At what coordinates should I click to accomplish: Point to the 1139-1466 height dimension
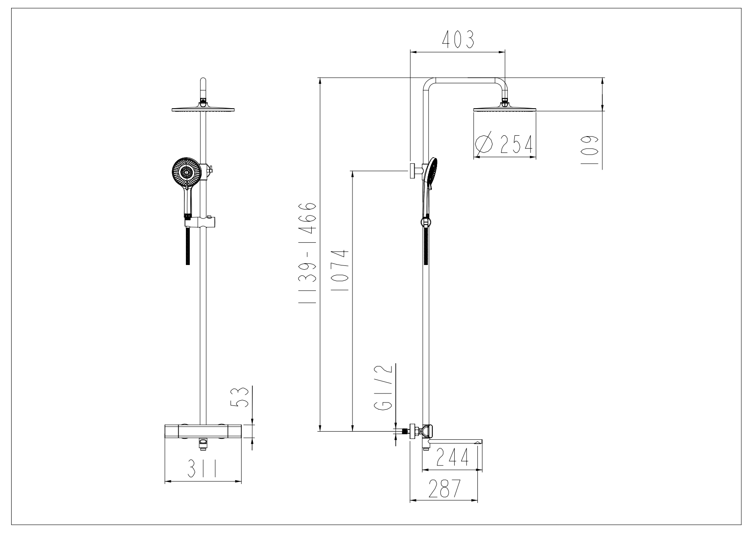click(x=308, y=253)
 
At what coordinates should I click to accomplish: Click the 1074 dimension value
click(x=343, y=271)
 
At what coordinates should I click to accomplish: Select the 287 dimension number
click(x=444, y=488)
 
